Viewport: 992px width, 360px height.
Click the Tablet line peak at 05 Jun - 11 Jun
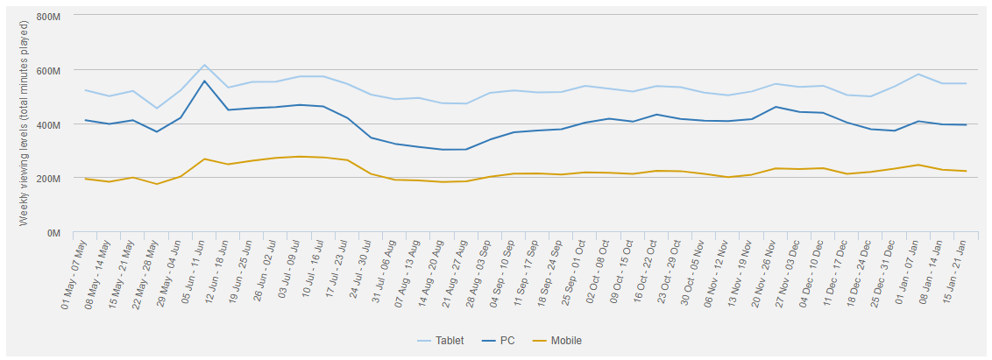(x=204, y=65)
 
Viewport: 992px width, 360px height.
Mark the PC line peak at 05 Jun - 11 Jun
(x=204, y=81)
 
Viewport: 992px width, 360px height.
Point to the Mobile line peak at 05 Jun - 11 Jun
(x=204, y=159)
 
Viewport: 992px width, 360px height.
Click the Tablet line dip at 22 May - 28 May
(x=157, y=109)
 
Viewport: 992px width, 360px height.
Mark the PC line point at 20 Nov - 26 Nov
(x=775, y=107)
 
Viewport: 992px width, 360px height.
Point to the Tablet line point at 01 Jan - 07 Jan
(x=918, y=74)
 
